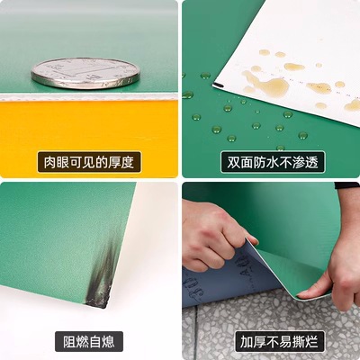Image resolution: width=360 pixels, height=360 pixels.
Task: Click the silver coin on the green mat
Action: [x=85, y=74]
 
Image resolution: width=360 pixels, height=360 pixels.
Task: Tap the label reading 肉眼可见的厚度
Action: [x=89, y=162]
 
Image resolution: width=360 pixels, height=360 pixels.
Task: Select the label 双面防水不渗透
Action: [x=273, y=162]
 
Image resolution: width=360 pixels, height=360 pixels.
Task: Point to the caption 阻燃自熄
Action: [x=89, y=341]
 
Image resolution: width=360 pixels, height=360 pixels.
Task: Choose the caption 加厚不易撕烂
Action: [x=279, y=341]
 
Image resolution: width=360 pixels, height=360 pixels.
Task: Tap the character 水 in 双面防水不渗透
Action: [x=273, y=162]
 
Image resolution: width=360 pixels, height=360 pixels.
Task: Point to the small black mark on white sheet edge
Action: [x=219, y=85]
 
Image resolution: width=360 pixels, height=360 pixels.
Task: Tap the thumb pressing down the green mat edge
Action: [x=313, y=292]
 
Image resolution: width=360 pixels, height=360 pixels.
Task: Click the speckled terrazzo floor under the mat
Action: [x=270, y=318]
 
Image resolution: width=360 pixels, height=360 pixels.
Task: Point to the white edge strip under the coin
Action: [x=89, y=97]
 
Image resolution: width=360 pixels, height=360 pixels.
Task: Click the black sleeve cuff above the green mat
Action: [x=347, y=185]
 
